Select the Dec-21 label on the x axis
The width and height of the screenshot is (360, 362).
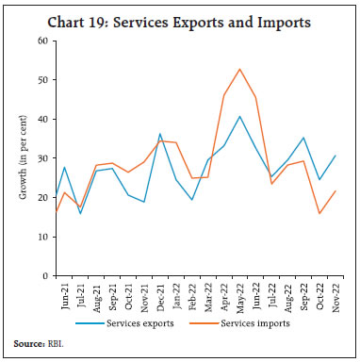pos(160,294)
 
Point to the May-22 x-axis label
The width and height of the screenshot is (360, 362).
pos(239,294)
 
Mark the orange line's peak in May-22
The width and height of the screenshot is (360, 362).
pos(239,69)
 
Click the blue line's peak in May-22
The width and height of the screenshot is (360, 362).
pos(239,117)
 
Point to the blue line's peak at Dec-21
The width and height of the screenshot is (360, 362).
pos(160,134)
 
